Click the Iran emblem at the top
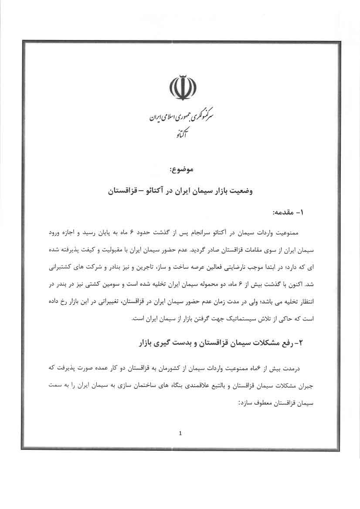point(180,87)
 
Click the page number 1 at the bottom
point(180,433)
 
